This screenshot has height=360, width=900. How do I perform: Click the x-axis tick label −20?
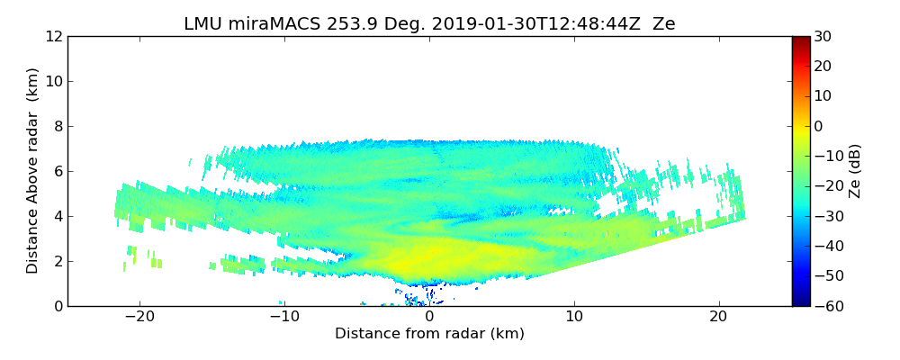[139, 318]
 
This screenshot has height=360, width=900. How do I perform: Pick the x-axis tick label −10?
[284, 318]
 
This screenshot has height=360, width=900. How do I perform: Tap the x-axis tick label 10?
[574, 318]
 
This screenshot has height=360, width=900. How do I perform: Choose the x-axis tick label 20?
[718, 318]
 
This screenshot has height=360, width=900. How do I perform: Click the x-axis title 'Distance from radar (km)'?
[429, 334]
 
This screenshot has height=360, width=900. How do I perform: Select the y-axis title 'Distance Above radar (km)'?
[32, 171]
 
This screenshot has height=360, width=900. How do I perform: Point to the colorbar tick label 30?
[823, 37]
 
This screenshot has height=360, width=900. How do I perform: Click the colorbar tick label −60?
[826, 306]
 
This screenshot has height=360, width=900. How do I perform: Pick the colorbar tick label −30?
[826, 216]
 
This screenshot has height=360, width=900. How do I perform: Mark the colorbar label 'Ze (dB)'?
[855, 171]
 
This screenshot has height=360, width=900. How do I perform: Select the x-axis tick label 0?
[429, 318]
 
